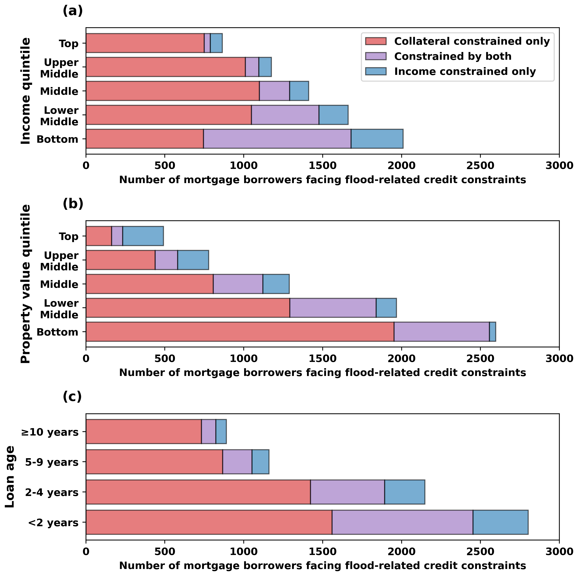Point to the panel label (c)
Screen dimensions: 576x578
pos(72,397)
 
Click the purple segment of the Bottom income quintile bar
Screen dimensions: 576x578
pos(277,139)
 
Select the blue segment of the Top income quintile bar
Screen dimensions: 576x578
pos(216,43)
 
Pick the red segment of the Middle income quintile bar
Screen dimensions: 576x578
pos(173,91)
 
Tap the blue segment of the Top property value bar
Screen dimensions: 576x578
pos(143,236)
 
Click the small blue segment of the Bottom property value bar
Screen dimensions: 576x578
pos(492,332)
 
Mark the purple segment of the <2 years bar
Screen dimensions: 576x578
pos(402,523)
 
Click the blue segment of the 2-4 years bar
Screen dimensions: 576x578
pos(404,492)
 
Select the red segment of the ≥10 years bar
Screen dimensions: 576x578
pos(144,432)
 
